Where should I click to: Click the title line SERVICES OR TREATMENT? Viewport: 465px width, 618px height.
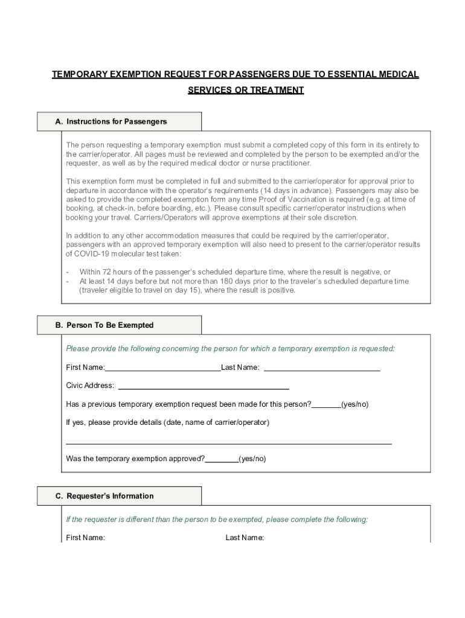click(245, 90)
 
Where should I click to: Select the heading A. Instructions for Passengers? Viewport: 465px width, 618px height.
click(111, 121)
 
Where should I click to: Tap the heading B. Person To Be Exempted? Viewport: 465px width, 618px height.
click(104, 325)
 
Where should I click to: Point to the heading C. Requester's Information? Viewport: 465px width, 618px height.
click(104, 496)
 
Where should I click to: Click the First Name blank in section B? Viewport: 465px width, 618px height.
click(162, 368)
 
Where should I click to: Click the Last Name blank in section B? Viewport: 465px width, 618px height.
click(322, 368)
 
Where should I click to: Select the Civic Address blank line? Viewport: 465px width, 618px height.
click(204, 386)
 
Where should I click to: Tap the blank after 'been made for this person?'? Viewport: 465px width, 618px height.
click(326, 404)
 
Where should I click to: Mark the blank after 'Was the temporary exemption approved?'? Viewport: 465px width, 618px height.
click(222, 459)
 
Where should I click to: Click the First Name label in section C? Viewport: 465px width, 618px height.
click(85, 538)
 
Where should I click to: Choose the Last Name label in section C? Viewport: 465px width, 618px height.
click(245, 538)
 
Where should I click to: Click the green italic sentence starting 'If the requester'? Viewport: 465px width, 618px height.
click(217, 520)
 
